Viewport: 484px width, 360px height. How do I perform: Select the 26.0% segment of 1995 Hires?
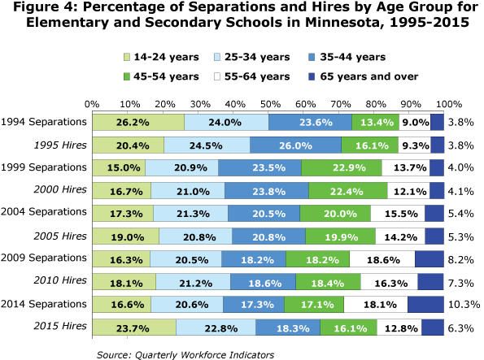295,145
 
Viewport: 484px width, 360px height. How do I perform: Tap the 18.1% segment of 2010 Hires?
124,282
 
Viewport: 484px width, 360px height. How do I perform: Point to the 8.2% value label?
462,259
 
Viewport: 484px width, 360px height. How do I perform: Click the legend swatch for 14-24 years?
128,58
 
